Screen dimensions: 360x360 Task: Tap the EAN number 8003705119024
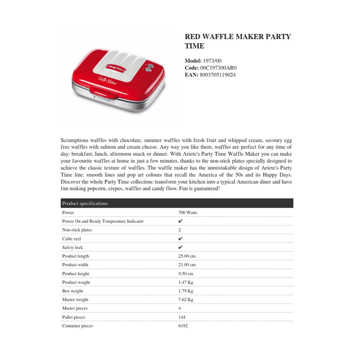218,75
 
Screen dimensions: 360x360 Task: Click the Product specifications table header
85,203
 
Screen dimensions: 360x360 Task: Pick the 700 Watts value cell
188,212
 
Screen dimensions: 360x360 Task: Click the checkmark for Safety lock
180,247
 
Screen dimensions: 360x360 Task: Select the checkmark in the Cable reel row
180,238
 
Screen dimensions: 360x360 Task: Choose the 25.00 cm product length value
187,256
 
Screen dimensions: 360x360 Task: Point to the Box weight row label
72,291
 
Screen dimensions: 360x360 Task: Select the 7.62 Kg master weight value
186,300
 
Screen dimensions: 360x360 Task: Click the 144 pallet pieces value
182,317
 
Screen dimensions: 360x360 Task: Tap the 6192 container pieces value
183,326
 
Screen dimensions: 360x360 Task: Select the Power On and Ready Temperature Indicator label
103,221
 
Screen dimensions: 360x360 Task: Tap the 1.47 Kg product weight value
186,282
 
